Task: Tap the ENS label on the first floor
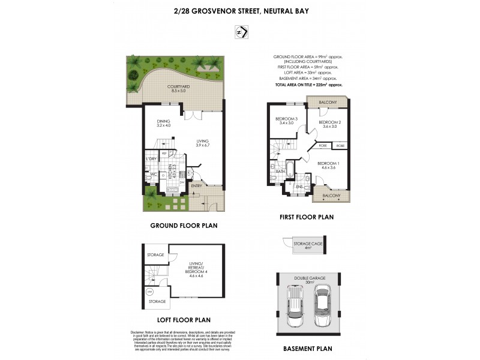(299, 187)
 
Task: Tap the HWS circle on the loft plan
(149, 293)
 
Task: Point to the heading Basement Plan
(307, 348)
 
